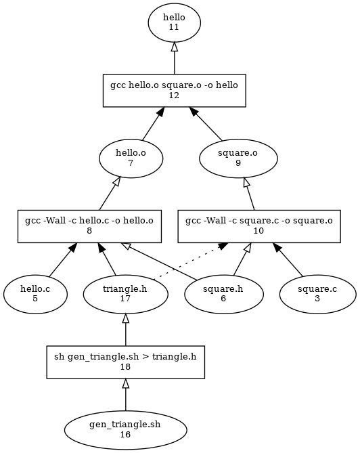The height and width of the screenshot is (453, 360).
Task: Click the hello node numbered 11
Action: pos(175,22)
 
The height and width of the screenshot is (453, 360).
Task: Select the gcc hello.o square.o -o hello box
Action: pos(175,91)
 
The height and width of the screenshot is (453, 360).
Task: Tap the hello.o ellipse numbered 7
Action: pos(131,158)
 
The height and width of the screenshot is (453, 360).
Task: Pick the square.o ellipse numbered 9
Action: pos(238,158)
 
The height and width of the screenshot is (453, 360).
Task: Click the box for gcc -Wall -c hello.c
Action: pos(89,226)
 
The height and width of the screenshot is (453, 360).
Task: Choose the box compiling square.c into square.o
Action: pos(259,226)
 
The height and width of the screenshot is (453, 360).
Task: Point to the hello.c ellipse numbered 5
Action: pos(35,294)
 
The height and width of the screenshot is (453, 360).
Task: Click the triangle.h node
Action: pos(125,294)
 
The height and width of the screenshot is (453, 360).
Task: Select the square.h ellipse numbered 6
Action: pos(224,294)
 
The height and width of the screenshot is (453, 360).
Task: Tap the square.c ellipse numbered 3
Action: pos(317,294)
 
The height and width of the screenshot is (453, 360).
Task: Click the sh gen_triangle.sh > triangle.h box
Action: pos(126,362)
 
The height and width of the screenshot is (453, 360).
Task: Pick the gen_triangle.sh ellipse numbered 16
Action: pos(126,430)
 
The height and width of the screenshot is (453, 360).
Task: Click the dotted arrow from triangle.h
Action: pos(189,261)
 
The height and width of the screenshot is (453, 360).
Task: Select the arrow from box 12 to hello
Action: pos(174,58)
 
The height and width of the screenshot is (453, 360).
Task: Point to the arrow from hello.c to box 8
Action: pos(63,259)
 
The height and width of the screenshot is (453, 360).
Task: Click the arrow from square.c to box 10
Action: pos(288,259)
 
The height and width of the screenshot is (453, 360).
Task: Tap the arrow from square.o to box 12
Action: pos(205,124)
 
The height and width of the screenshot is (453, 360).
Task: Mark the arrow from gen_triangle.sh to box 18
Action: pos(126,395)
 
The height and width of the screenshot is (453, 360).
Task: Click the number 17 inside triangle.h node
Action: pos(125,299)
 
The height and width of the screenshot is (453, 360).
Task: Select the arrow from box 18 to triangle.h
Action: pos(126,330)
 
